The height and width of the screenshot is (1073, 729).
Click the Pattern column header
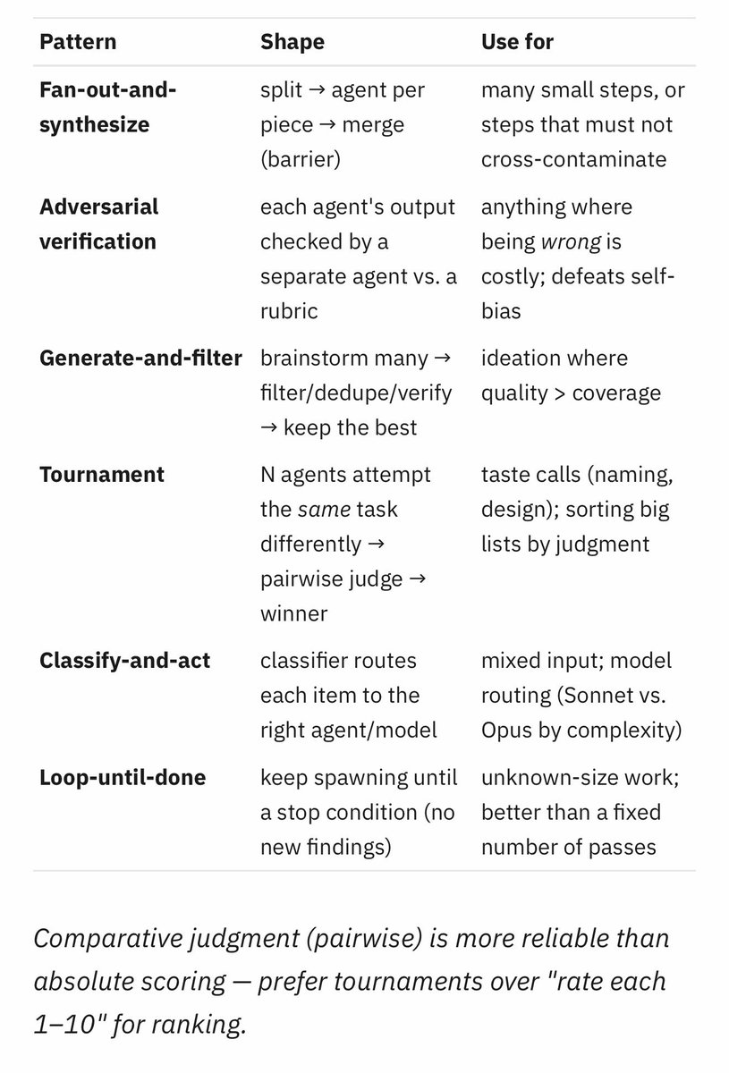78,42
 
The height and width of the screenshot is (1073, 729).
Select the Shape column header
292,42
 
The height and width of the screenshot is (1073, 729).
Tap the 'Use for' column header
517,42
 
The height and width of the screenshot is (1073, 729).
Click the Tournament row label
102,475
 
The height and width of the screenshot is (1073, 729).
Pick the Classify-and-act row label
124,661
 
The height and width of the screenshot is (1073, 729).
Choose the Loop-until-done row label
123,777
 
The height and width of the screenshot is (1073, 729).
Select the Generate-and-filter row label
141,359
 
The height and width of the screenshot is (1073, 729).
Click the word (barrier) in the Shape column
301,159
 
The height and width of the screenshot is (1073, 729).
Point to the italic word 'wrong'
571,242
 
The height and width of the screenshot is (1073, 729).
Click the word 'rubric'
289,311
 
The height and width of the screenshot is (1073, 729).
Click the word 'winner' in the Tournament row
293,613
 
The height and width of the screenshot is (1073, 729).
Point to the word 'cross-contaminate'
573,159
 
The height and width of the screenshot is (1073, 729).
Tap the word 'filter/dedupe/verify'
356,393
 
